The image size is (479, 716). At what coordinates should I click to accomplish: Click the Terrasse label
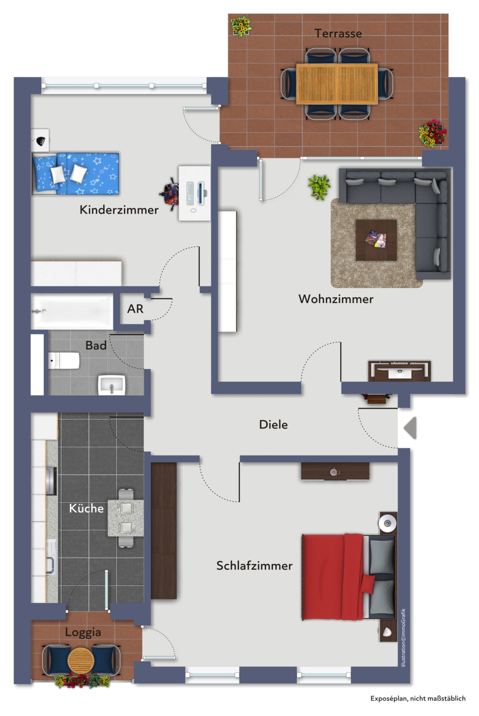(338, 34)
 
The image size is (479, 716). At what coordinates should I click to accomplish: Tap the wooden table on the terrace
(337, 84)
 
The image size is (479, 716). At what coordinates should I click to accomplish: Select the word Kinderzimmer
(119, 210)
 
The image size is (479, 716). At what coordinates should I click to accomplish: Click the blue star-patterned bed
(76, 173)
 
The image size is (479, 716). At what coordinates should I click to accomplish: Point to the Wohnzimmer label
(336, 299)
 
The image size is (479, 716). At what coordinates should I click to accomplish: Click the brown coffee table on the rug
(376, 240)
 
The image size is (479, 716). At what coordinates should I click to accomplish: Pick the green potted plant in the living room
(319, 187)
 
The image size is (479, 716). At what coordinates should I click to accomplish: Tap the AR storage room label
(135, 309)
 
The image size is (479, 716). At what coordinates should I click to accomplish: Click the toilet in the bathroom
(64, 361)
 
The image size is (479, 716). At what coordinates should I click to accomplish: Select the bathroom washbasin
(111, 385)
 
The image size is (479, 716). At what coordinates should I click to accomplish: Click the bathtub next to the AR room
(72, 311)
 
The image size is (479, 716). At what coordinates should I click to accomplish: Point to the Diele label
(273, 424)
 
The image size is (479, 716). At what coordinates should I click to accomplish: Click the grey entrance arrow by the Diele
(410, 428)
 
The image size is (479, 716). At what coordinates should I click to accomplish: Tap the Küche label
(86, 508)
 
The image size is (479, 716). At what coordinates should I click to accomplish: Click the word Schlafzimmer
(254, 566)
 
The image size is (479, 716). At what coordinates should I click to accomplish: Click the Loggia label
(83, 632)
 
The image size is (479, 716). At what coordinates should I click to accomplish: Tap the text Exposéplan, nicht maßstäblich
(418, 698)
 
